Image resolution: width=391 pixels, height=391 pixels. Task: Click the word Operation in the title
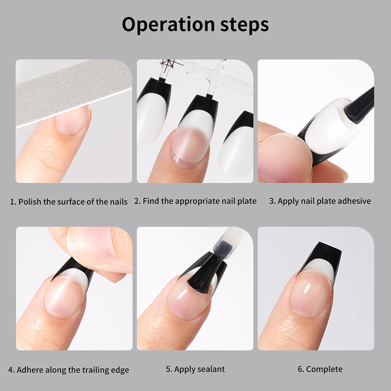tap(168, 25)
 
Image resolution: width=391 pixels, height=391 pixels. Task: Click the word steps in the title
tap(245, 25)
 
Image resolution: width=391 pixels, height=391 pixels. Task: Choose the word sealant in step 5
tap(212, 369)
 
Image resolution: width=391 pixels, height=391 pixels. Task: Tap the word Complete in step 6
tap(324, 369)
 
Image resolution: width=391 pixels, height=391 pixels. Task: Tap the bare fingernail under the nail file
tap(72, 120)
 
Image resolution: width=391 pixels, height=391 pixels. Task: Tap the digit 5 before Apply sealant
tap(168, 369)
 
